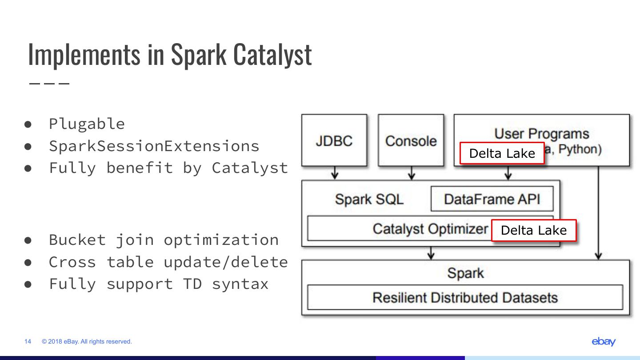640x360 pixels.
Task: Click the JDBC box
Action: tap(334, 140)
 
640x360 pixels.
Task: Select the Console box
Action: tap(411, 140)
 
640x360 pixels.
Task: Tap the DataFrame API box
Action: tap(492, 199)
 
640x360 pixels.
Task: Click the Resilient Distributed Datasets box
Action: tap(465, 297)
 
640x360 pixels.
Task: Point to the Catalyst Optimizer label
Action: tap(430, 229)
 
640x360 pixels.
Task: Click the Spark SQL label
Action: tap(369, 199)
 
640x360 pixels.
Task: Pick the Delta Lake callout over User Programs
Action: tap(502, 153)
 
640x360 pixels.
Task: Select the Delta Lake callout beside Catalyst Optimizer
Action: tap(533, 230)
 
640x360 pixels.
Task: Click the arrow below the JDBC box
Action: tap(335, 173)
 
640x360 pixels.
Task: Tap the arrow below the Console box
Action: tap(412, 173)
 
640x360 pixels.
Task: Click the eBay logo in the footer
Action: tap(604, 341)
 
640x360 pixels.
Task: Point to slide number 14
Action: tap(28, 341)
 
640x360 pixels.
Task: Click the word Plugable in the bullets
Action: tap(87, 124)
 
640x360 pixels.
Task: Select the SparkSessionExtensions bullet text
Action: tap(154, 146)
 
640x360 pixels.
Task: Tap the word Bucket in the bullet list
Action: tap(77, 240)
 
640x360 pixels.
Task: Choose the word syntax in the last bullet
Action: tap(240, 284)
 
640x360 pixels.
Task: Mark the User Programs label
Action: tap(541, 134)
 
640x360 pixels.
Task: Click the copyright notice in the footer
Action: tap(87, 341)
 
